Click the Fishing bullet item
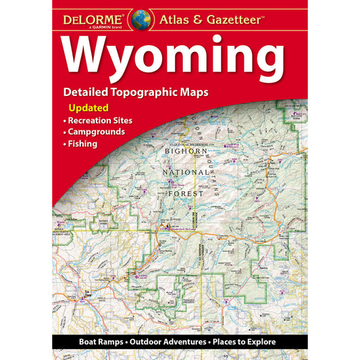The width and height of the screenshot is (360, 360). coord(83,143)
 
